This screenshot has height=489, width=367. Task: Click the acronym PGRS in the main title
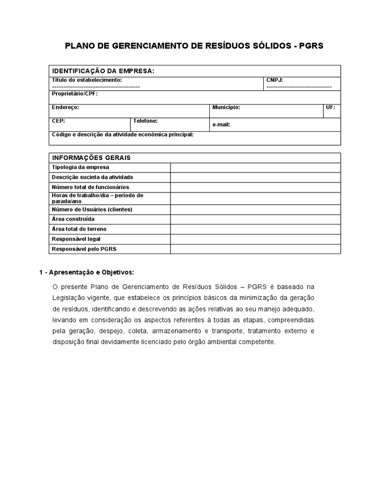(x=312, y=46)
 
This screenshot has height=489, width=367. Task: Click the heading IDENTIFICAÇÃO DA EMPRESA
(x=103, y=71)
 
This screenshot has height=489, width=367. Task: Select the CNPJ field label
(x=274, y=80)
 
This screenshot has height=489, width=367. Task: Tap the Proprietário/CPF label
(x=75, y=94)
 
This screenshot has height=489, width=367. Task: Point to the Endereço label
(x=65, y=107)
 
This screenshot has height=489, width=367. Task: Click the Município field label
(x=226, y=107)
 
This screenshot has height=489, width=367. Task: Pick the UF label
(x=330, y=107)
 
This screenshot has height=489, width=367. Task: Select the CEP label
(x=58, y=121)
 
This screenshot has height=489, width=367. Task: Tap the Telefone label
(x=145, y=121)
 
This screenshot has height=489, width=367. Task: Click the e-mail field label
(x=221, y=125)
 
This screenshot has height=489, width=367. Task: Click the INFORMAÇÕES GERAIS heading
(x=91, y=158)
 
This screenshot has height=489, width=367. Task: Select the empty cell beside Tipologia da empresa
(x=255, y=168)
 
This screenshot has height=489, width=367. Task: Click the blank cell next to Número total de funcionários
(x=255, y=187)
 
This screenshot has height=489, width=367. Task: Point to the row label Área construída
(x=73, y=219)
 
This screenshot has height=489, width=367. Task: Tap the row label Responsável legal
(x=76, y=239)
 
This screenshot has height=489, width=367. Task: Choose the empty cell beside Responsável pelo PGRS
(x=255, y=249)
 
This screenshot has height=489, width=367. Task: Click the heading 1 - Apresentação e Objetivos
(x=86, y=272)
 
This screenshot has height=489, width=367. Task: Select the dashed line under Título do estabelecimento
(x=96, y=86)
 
